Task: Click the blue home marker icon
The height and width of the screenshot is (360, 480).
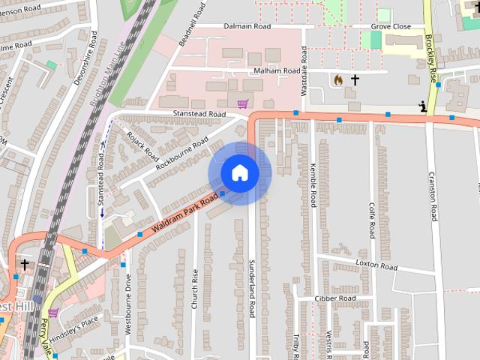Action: (239, 172)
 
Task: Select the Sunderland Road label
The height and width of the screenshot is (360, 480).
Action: (253, 287)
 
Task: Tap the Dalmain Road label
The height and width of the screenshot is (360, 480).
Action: (247, 26)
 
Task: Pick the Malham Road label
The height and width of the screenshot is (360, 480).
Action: (256, 71)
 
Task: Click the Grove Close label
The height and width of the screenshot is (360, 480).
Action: (391, 26)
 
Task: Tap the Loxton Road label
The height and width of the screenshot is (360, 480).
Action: (376, 265)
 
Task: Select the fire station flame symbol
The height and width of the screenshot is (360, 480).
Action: (337, 79)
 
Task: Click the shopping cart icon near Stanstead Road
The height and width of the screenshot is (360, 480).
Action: (241, 103)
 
